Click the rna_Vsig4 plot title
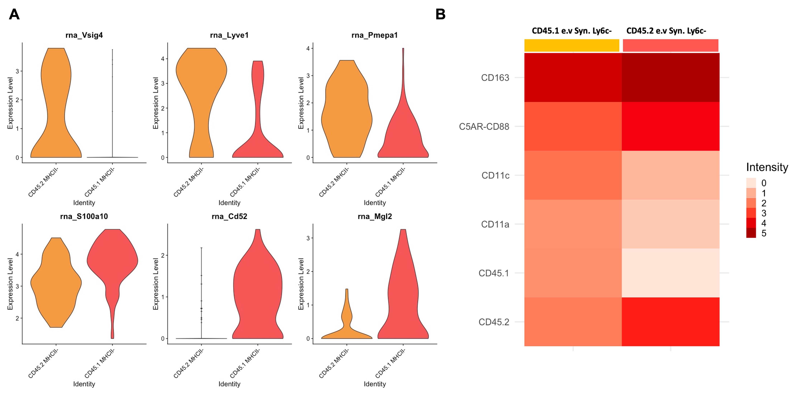pos(84,35)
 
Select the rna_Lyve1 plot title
pos(229,35)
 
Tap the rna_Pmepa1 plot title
pos(374,35)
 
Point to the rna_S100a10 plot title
pos(84,217)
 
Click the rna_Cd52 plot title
pos(229,217)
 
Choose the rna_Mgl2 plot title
pos(375,217)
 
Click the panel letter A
pos(14,14)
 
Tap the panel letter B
pos(440,14)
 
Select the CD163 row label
pos(495,78)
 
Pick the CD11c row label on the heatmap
pos(495,175)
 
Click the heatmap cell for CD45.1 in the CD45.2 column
pos(670,273)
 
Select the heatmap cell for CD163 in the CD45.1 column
pos(573,78)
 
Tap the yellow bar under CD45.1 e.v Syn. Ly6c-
pos(572,45)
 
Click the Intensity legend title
pos(767,167)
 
